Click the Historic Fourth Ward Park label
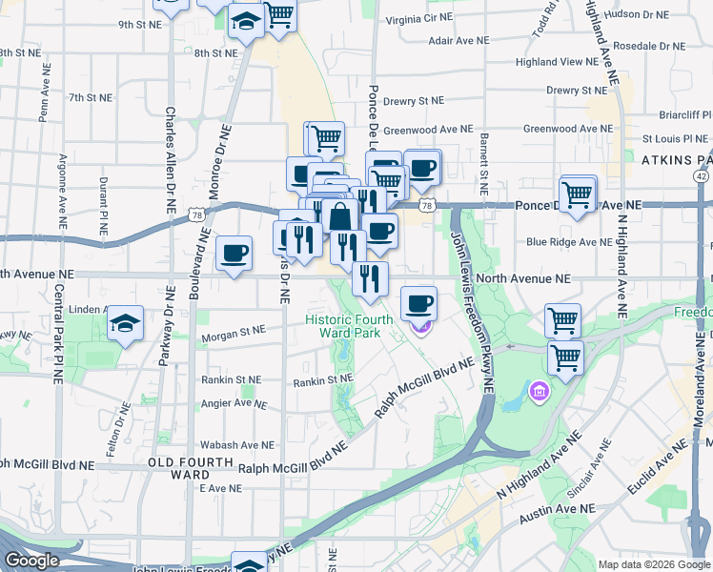pos(343,325)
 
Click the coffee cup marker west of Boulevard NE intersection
pos(234,254)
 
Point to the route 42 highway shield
pos(702,176)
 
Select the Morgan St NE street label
pos(233,336)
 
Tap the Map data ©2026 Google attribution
pos(654,564)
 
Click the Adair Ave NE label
pos(458,41)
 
